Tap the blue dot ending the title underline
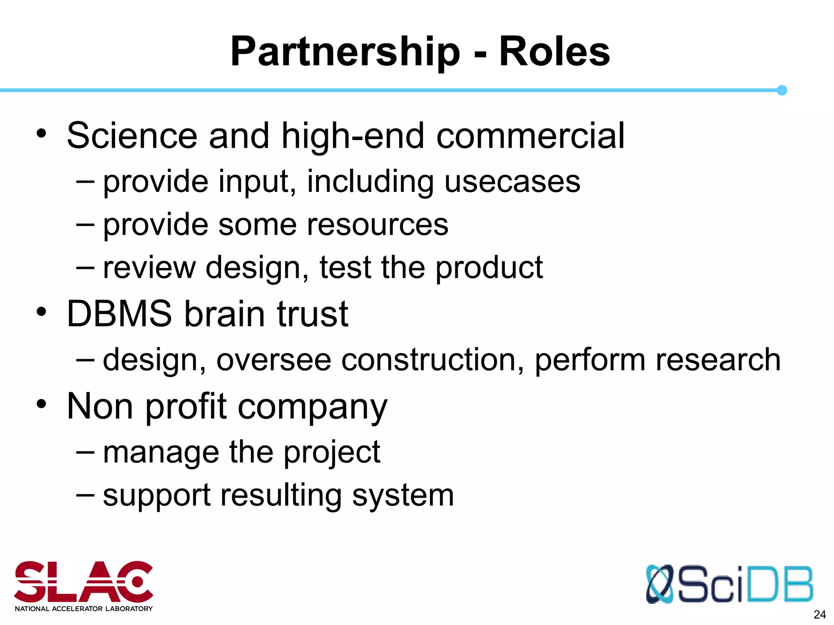pos(781,90)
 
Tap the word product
pos(489,268)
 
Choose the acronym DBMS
pos(119,314)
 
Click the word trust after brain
pos(312,314)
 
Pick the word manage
pos(161,452)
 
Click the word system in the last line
pos(403,496)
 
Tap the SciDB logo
pos(729,584)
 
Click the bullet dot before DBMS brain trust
pos(42,312)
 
